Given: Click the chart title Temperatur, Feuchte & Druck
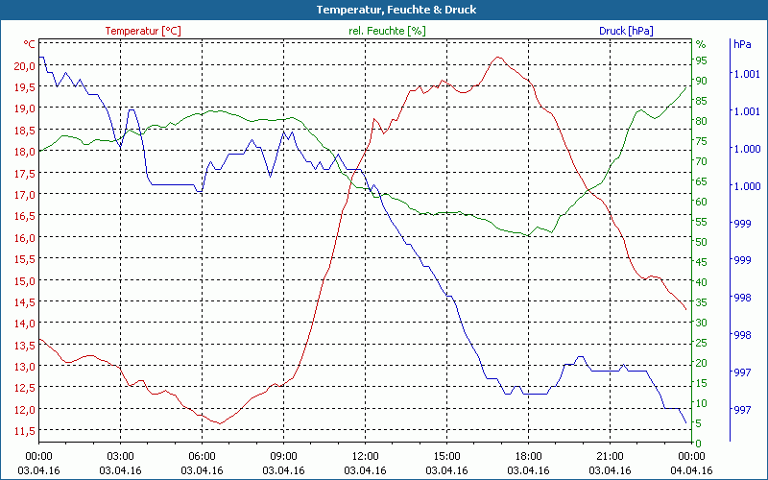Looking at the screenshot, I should pos(383,10).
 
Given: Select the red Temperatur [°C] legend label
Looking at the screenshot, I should pos(142,31).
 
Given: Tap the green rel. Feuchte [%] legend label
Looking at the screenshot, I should pos(386,31).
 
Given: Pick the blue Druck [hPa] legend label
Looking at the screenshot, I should pos(626,31).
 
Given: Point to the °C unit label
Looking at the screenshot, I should pos(29,44).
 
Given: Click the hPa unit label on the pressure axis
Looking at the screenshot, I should pos(742,44).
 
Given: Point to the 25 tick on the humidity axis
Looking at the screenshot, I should pos(701,343).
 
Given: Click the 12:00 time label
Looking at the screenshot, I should pos(365,456).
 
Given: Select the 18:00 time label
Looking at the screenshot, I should pos(529,456).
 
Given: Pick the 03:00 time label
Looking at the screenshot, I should pos(120,456).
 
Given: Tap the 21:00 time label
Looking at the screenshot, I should pos(611,456).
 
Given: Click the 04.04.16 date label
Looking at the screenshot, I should pos(691,469).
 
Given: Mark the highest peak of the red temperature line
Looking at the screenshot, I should pos(497,57).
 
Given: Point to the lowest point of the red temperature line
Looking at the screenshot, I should pos(220,423).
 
